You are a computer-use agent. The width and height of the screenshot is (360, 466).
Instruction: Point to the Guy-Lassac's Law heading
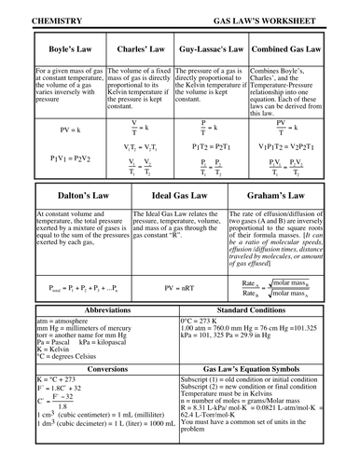pos(212,48)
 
